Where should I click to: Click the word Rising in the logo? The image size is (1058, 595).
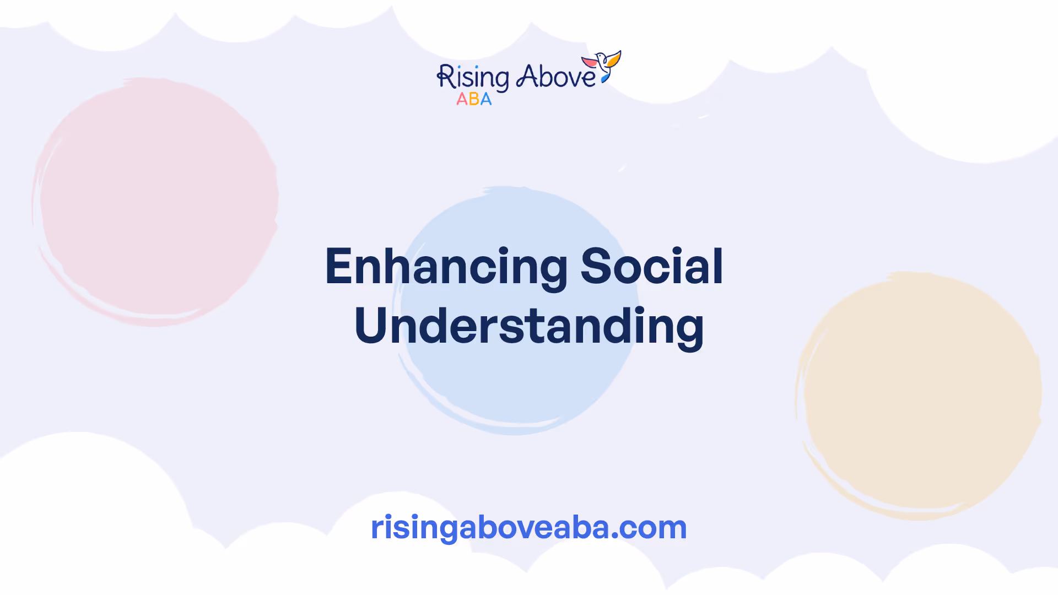tap(473, 77)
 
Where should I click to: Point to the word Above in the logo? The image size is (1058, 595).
tap(555, 77)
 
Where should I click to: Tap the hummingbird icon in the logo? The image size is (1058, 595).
tap(602, 66)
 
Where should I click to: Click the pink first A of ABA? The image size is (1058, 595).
tap(462, 99)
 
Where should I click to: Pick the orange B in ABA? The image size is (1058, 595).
tap(474, 99)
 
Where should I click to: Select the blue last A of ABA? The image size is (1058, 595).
tap(485, 99)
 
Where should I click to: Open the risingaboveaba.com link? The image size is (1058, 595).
tap(529, 527)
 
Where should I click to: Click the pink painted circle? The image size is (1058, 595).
tap(155, 202)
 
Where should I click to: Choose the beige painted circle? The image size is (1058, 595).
tap(919, 396)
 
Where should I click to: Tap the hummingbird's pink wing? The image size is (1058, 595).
tap(589, 61)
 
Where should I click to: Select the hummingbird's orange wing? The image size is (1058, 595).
tap(614, 58)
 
